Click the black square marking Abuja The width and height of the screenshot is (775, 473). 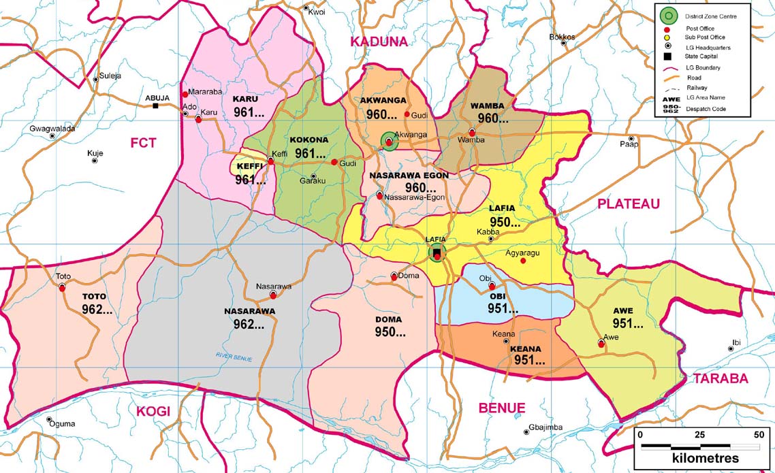click(x=156, y=106)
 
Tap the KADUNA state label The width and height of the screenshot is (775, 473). click(x=378, y=42)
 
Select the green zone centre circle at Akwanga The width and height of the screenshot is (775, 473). click(x=388, y=142)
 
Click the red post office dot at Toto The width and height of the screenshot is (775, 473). click(x=62, y=287)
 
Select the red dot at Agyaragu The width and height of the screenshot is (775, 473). click(x=523, y=261)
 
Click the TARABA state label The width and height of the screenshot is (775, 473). click(x=721, y=379)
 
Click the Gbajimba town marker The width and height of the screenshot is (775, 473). click(x=526, y=431)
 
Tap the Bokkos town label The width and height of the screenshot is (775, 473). click(x=562, y=37)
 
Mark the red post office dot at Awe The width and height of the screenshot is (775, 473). click(x=601, y=344)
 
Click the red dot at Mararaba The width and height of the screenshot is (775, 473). click(x=185, y=94)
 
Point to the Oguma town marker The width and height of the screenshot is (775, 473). click(x=50, y=420)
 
